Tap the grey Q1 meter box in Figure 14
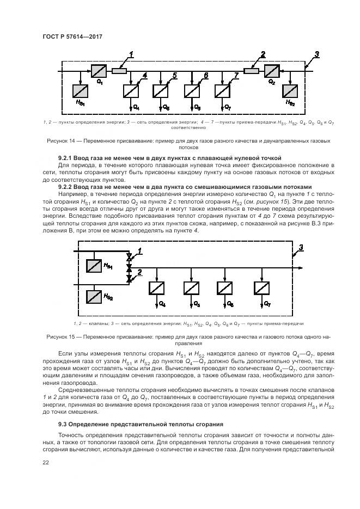click(99, 71)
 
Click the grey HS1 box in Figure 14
click(80, 91)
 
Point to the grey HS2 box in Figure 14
click(291, 91)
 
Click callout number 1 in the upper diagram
click(131, 54)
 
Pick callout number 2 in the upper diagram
click(263, 54)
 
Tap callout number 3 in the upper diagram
click(317, 54)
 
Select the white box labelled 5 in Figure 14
click(161, 90)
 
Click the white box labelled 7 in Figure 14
click(222, 90)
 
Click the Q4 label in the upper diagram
click(136, 107)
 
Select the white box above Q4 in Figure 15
click(157, 287)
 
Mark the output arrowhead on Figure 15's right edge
click(302, 267)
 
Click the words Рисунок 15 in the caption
click(61, 338)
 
